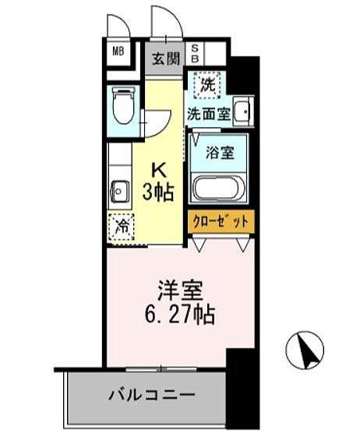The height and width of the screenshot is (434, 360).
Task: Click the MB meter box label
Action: (119, 52)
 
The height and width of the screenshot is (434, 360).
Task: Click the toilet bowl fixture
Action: (123, 108)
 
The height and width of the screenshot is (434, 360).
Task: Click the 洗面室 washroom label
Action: (208, 114)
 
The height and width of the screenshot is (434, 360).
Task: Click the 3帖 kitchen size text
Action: (158, 189)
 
